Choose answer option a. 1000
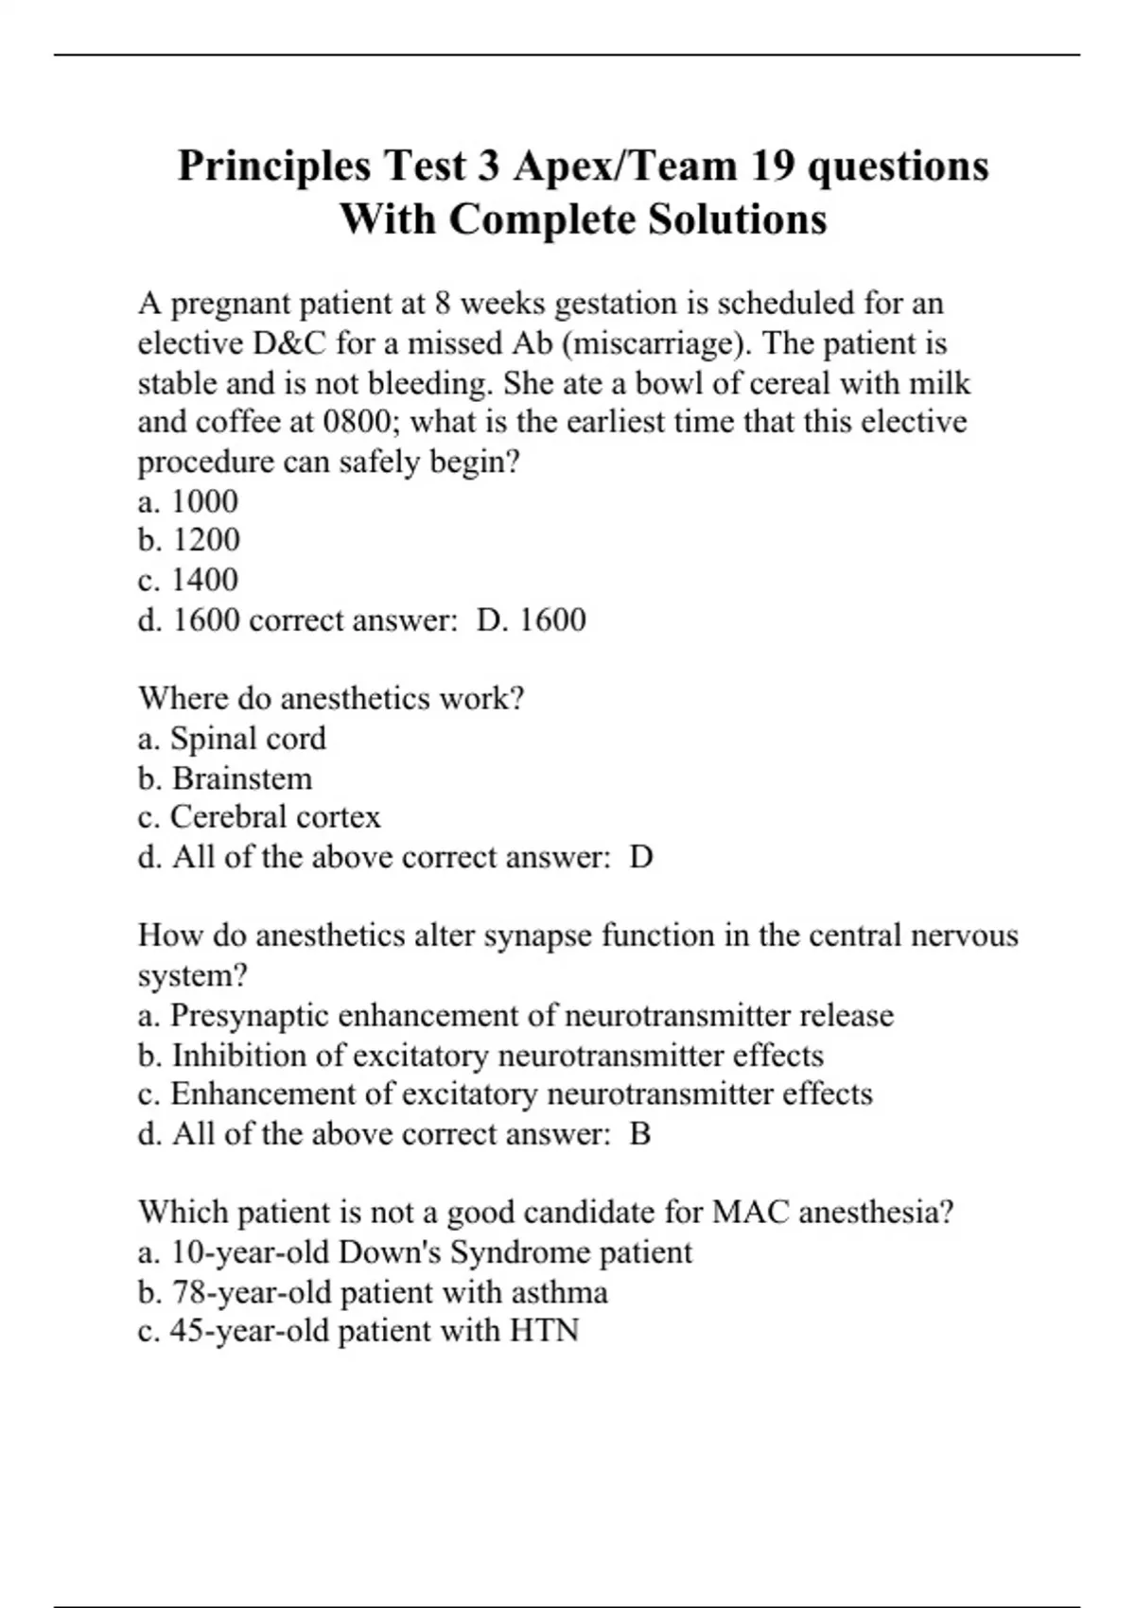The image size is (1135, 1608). click(x=188, y=501)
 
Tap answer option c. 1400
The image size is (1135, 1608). click(x=188, y=580)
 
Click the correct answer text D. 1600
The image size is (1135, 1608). click(x=532, y=620)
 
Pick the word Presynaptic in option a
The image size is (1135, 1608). click(x=250, y=1015)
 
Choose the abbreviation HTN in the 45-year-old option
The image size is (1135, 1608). click(x=544, y=1331)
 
